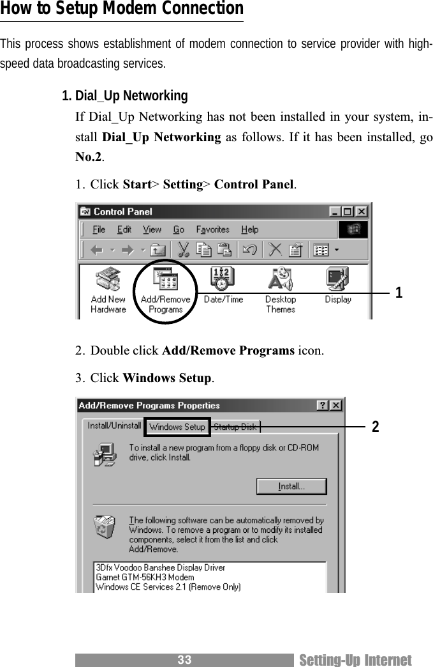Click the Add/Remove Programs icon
coord(165,281)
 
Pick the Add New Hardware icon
coord(108,281)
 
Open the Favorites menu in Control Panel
coord(212,230)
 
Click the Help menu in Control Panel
coord(250,230)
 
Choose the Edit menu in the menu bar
coord(124,230)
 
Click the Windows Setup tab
coord(177,427)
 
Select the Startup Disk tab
coord(235,427)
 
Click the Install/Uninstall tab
coord(114,425)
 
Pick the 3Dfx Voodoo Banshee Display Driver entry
coord(160,567)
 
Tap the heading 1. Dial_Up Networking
coord(124,96)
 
